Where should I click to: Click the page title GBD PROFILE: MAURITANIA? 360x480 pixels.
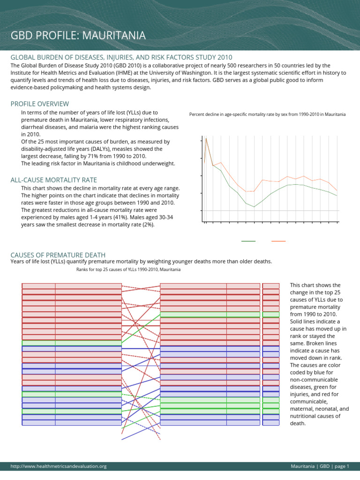pos(78,36)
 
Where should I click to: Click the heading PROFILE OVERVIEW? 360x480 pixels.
pos(39,104)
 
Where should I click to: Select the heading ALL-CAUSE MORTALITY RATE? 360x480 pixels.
pos(53,180)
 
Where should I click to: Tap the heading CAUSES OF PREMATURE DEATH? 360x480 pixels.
pos(58,255)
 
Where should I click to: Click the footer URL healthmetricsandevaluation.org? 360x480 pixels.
pos(59,466)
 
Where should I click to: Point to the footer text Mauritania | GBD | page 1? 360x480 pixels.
pos(320,466)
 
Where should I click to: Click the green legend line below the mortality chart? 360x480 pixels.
pos(248,241)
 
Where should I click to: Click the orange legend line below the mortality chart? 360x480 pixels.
pos(278,241)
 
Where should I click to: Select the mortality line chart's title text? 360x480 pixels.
pos(267,114)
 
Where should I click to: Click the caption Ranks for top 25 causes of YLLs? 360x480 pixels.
pos(128,270)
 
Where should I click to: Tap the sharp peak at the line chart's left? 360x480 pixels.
pos(206,138)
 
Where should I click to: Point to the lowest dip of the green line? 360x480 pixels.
pos(254,207)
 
